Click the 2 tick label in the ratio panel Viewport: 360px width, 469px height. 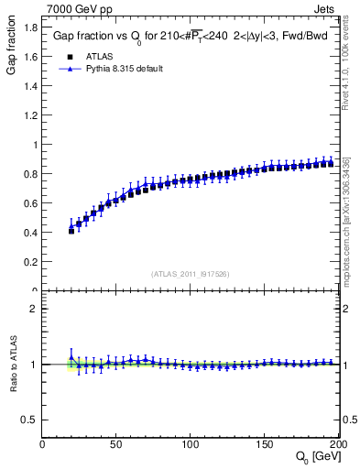tap(33, 309)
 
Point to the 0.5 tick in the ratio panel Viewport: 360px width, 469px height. tap(29, 420)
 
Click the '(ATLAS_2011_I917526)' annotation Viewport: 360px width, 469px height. tap(190, 273)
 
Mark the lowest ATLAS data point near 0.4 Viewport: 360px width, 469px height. tap(71, 231)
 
